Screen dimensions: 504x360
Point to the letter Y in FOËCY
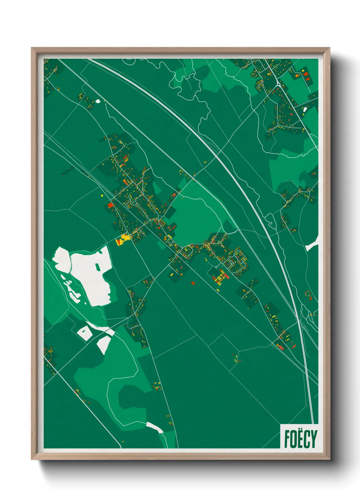click(313, 439)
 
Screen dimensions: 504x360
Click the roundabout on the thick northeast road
click(279, 84)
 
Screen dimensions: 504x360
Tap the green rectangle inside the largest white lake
click(98, 266)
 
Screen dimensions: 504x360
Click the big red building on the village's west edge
click(110, 205)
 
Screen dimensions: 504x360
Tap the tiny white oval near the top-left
click(98, 101)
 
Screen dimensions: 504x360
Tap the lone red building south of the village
click(193, 283)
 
